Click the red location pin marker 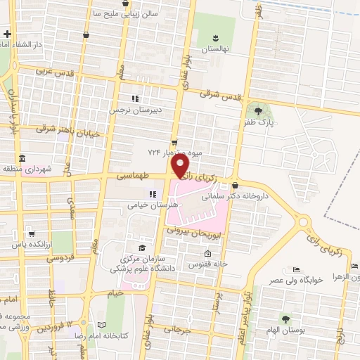(181, 166)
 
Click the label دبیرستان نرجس (135, 110)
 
